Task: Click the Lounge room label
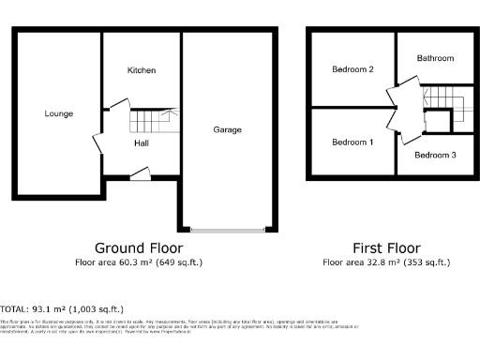58,113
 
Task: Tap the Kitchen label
142,70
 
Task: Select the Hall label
142,143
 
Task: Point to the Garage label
228,129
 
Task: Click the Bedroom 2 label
353,69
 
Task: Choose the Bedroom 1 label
353,142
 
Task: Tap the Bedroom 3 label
435,155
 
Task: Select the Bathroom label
435,58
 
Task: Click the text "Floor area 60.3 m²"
117,262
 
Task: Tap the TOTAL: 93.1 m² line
62,308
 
